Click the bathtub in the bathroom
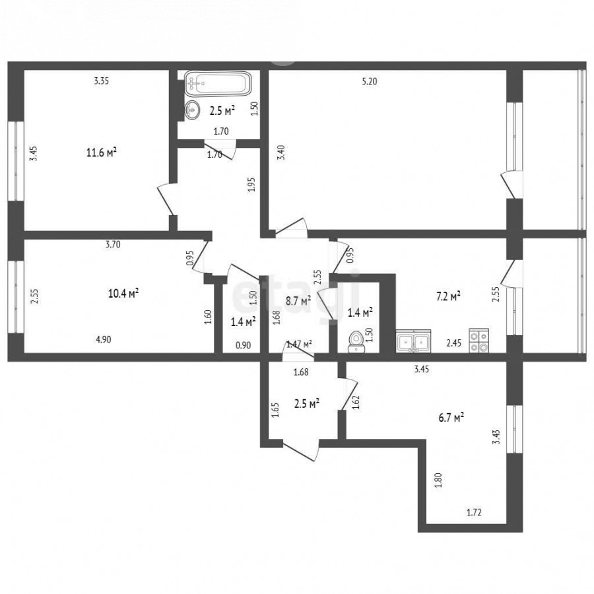point(218,83)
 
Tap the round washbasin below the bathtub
point(192,110)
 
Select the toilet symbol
point(356,341)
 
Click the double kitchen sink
point(413,341)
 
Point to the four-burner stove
point(479,341)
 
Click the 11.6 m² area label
point(101,152)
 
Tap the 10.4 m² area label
point(123,293)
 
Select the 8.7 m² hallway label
point(298,301)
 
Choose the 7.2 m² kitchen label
point(448,296)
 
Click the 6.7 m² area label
point(452,418)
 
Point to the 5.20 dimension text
point(370,81)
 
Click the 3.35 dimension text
point(102,81)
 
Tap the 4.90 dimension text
point(104,339)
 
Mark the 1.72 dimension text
point(474,513)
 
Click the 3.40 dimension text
point(281,152)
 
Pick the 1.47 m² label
point(299,345)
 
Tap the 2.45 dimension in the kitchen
point(454,343)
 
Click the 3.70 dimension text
point(113,244)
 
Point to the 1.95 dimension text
point(253,185)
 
